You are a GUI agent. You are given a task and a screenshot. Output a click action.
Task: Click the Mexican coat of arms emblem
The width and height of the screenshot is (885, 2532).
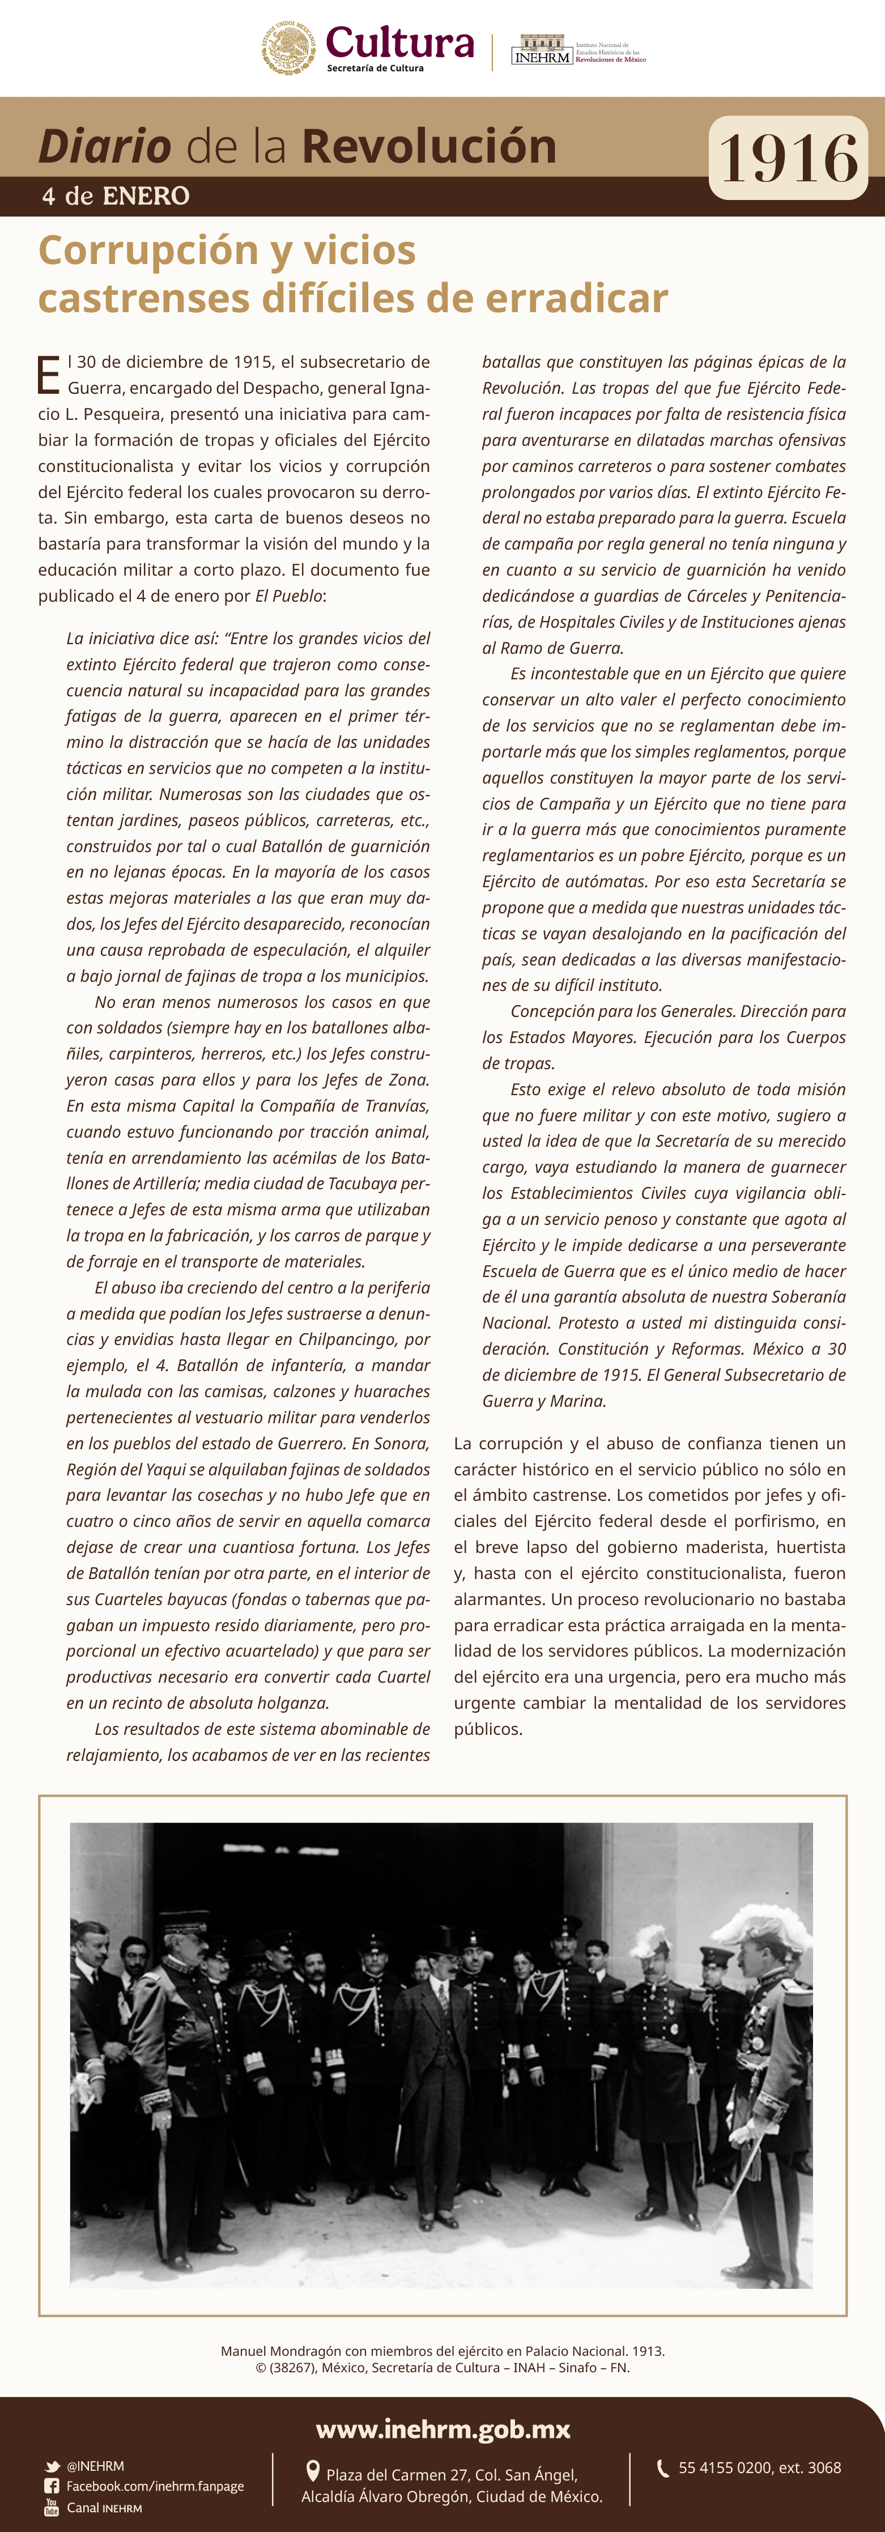288,47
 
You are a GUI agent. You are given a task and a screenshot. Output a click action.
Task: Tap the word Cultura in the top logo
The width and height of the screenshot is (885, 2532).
399,42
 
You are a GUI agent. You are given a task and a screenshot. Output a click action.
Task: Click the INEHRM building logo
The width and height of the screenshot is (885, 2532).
542,49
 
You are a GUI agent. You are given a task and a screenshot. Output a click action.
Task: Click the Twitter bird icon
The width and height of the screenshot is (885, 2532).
52,2466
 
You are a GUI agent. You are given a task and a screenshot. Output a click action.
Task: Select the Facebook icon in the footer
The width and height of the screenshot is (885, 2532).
52,2486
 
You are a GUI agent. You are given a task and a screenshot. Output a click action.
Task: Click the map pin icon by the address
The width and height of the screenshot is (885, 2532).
313,2470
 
